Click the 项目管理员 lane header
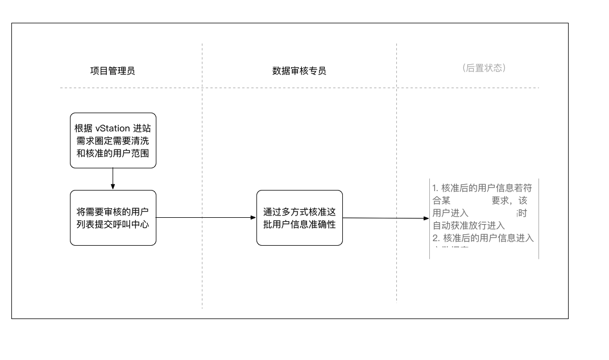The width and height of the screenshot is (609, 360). (113, 71)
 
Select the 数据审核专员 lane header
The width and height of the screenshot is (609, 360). (299, 71)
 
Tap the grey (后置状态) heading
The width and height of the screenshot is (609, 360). (484, 68)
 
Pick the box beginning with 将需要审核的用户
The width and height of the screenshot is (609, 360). (113, 218)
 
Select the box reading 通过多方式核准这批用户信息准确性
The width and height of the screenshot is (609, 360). (299, 218)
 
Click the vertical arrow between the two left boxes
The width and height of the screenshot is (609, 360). (113, 179)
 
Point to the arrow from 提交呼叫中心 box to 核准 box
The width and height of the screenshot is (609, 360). (206, 217)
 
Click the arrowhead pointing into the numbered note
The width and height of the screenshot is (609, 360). (426, 218)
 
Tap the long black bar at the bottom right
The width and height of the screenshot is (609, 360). (474, 310)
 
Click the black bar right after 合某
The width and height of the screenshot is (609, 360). (471, 200)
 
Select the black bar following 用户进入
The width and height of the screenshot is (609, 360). (494, 213)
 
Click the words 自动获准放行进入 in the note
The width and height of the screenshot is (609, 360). (469, 226)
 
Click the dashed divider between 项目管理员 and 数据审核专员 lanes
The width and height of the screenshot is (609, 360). (202, 171)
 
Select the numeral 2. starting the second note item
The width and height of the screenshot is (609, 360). (436, 238)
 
